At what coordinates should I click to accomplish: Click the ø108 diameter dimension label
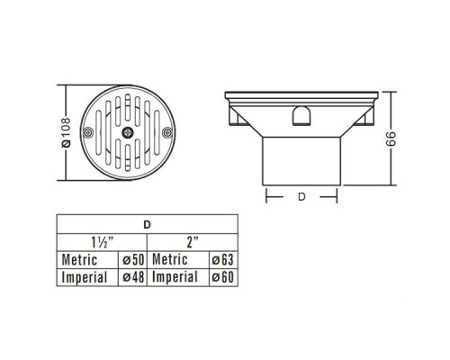point(67,132)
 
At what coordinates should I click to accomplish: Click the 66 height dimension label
point(391,139)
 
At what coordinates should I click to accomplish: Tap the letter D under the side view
point(301,197)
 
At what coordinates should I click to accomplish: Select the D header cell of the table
point(147,224)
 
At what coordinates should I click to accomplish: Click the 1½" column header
point(102,242)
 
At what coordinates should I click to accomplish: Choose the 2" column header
point(193,242)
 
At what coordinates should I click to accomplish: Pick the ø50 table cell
point(133,260)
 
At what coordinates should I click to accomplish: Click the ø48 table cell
point(133,277)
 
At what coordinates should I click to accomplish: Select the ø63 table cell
point(223,260)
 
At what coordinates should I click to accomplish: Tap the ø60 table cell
point(223,277)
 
